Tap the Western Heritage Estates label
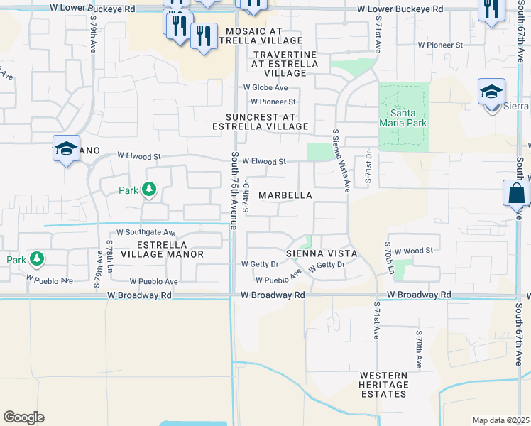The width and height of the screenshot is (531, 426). pos(383,385)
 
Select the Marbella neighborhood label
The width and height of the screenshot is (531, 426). pos(285,195)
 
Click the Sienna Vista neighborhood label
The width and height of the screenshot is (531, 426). pos(321,253)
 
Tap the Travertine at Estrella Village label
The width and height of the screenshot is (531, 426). pos(285,63)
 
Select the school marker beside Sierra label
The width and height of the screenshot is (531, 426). pos(491,93)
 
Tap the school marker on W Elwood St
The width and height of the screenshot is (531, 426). pos(66,150)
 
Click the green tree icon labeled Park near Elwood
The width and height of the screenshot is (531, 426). pos(148,189)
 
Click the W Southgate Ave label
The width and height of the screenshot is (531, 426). pos(146,232)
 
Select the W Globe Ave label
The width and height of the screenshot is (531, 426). pos(265,87)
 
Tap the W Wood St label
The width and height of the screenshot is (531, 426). pos(414,251)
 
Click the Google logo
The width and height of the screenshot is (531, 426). pos(23,417)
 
